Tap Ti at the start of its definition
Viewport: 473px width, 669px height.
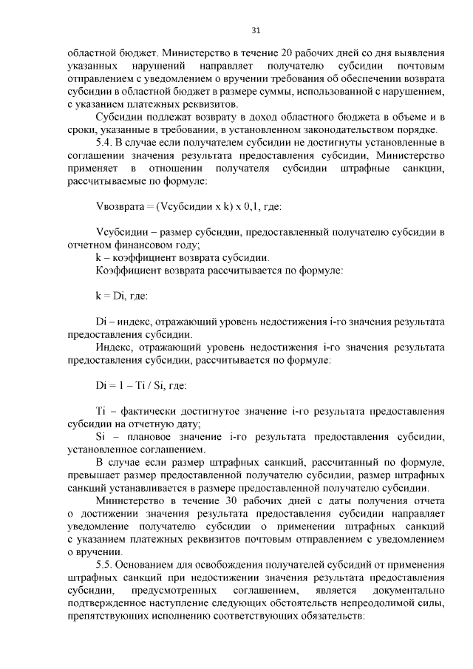pyautogui.click(x=102, y=411)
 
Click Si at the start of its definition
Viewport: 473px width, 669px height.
pyautogui.click(x=102, y=437)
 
